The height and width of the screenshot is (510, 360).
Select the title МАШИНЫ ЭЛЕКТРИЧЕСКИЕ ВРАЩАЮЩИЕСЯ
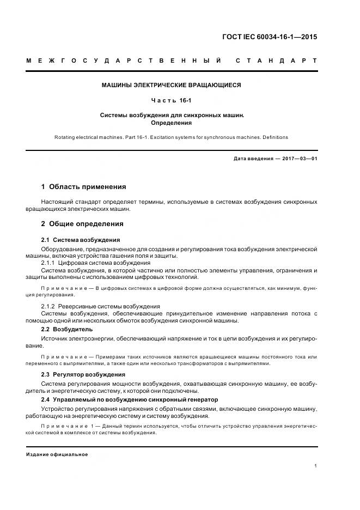click(x=172, y=85)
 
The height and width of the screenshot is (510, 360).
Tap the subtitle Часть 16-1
click(x=172, y=100)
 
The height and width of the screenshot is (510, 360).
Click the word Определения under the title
click(x=172, y=123)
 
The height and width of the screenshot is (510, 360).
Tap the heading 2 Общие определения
click(x=82, y=224)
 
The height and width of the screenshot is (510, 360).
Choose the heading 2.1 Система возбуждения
click(x=81, y=240)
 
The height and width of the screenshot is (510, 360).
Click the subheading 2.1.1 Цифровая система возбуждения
click(x=96, y=263)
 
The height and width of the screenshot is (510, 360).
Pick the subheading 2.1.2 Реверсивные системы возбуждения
click(x=101, y=307)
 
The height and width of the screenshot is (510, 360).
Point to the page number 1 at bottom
click(x=316, y=466)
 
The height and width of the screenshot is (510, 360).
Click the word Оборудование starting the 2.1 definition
click(x=62, y=248)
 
